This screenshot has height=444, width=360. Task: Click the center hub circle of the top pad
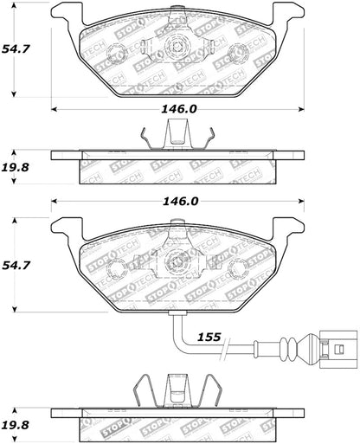tap(177, 48)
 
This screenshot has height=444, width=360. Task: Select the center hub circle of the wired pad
tap(177, 259)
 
